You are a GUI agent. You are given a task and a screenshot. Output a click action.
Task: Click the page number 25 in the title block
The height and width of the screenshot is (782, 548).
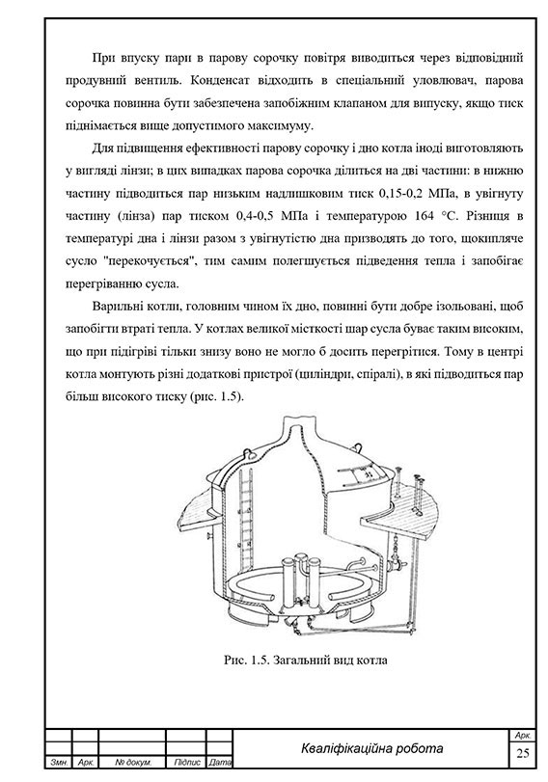pos(523,752)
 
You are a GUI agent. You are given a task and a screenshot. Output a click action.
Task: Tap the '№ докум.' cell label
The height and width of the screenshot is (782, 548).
pos(128,764)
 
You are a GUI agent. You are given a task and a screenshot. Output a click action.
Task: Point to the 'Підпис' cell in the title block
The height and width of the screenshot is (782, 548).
pos(185,764)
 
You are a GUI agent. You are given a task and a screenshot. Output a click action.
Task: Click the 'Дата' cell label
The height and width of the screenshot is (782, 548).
pos(219,764)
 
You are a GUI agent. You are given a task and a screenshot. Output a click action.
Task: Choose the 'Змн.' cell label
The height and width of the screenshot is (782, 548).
pos(57,764)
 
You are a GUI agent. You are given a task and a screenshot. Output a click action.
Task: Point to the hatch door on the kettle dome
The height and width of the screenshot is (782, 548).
pos(367,475)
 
